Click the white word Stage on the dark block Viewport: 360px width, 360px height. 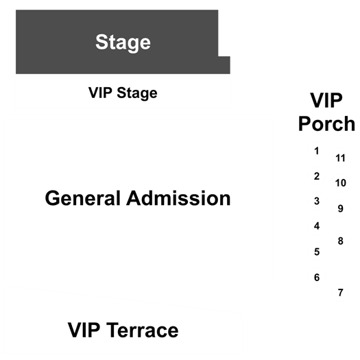tap(123, 43)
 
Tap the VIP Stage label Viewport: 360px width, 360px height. tap(123, 93)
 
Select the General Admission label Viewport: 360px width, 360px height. tap(138, 198)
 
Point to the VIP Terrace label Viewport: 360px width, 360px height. tap(123, 330)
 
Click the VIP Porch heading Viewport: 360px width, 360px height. tap(326, 112)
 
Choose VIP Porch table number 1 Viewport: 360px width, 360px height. tap(317, 151)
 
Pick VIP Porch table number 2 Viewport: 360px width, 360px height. tap(317, 176)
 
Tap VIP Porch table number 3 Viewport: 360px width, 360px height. tap(317, 201)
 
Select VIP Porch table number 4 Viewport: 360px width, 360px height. tap(317, 226)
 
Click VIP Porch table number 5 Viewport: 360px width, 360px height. tap(317, 252)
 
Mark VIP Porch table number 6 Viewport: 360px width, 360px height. tap(317, 278)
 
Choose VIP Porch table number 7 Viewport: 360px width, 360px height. tap(341, 293)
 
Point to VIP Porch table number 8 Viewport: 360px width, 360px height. tap(341, 241)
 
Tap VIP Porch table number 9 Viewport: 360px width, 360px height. tap(341, 208)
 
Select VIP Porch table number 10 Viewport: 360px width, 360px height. tap(341, 183)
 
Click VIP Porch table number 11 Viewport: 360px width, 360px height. tap(340, 158)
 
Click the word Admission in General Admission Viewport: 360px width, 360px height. tap(178, 198)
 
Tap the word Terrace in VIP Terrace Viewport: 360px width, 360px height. tap(143, 330)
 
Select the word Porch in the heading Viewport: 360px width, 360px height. tap(326, 123)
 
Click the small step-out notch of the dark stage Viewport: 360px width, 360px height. tap(224, 65)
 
